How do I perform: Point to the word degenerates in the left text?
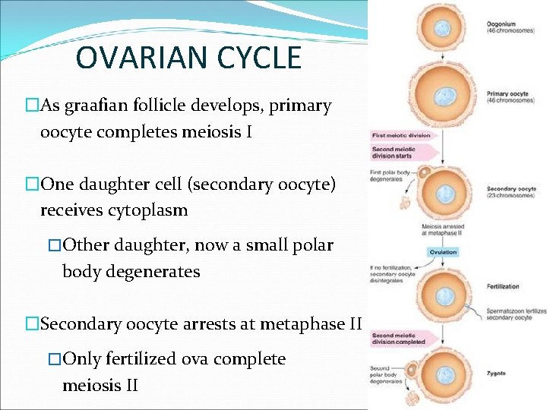tap(154, 271)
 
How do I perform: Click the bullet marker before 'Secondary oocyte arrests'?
tap(31, 324)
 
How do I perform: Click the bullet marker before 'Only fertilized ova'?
tap(54, 359)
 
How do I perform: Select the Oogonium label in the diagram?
tap(501, 24)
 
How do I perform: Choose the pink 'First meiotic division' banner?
tap(400, 136)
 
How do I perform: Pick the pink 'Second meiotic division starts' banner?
tap(394, 153)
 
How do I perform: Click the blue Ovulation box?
tap(442, 252)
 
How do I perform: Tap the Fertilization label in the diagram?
tap(503, 286)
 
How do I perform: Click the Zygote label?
tap(498, 374)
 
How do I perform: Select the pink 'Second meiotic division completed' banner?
tap(398, 339)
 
